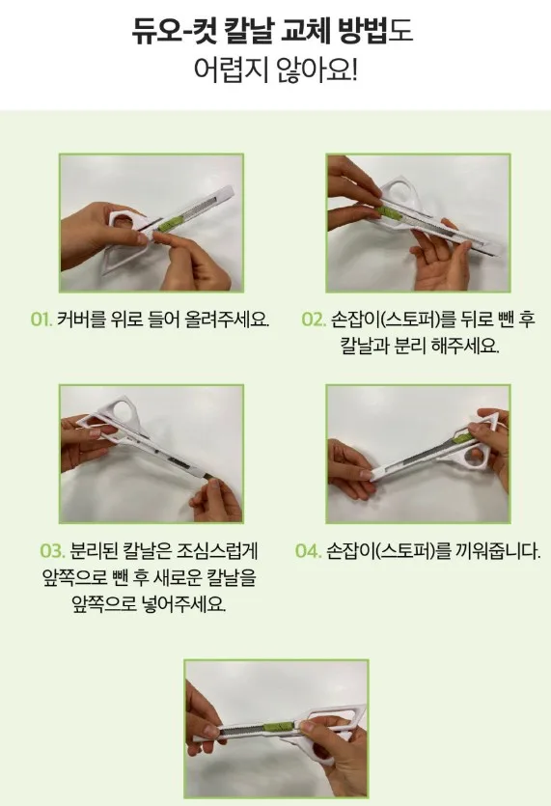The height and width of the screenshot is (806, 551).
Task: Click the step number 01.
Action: coord(41,320)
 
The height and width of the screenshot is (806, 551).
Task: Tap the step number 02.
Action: coord(314,320)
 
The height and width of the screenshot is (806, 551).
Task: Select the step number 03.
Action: coord(52,551)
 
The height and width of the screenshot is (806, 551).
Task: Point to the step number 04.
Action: coord(308,551)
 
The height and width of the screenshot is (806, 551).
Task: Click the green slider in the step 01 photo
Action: coord(170,224)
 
